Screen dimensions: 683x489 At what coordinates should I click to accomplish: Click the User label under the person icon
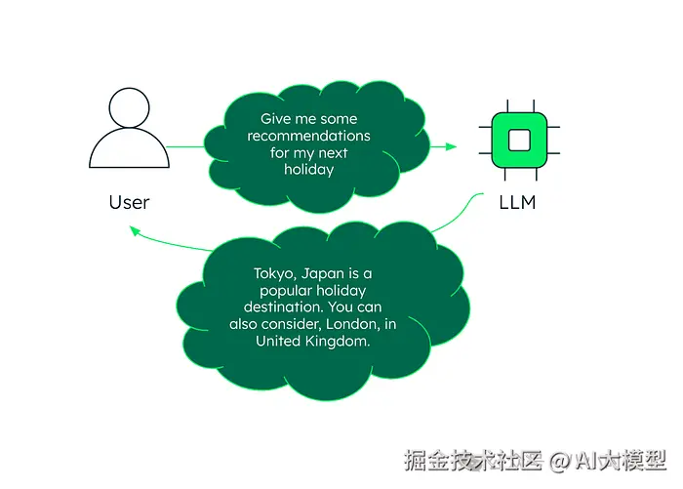(x=129, y=202)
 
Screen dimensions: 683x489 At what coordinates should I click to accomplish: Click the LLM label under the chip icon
(x=517, y=202)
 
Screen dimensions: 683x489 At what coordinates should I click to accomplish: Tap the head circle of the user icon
(x=129, y=107)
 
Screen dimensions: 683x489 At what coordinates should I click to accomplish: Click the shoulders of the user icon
(x=129, y=152)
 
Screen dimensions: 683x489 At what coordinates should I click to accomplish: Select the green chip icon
(x=518, y=141)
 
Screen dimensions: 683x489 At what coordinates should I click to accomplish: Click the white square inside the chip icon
(x=518, y=141)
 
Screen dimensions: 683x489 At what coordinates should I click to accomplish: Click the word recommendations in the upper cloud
(x=308, y=136)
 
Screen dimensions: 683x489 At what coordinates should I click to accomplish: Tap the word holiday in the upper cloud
(x=308, y=170)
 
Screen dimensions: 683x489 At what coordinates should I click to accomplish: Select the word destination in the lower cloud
(x=282, y=307)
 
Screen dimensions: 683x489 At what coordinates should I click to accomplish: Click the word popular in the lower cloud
(x=284, y=291)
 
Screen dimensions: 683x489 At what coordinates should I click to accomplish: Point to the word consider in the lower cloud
(x=298, y=324)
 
